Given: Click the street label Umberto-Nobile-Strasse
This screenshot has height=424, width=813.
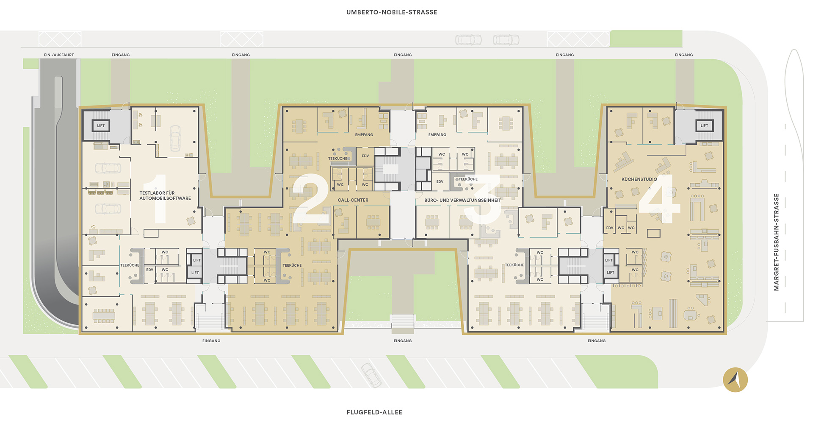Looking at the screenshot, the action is [392, 12].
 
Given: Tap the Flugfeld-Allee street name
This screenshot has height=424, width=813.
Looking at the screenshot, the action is [374, 412].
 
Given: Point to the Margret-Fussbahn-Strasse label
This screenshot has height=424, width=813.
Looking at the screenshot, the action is [776, 242].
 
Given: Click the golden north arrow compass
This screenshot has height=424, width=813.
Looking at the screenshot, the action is [736, 379].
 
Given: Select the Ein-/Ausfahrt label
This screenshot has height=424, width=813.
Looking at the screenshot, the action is [59, 55].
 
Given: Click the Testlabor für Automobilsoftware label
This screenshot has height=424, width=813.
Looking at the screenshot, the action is [165, 195].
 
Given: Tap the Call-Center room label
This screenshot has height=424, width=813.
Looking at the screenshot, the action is [353, 200].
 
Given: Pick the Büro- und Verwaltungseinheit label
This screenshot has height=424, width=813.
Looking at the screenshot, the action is [463, 200].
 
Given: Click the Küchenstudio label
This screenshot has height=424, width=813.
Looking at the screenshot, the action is [639, 179].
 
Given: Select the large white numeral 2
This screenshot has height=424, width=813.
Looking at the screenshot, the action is [311, 198].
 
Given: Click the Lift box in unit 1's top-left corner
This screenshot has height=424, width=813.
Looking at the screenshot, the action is [101, 126].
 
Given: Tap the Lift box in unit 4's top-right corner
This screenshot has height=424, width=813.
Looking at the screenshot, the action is [704, 126].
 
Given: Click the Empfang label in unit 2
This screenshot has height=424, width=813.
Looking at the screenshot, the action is [364, 135].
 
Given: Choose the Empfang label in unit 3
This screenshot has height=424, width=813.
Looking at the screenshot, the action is [437, 135].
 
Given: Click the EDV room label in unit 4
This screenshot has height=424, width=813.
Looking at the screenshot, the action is [610, 228].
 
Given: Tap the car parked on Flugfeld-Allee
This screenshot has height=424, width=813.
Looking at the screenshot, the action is [371, 375].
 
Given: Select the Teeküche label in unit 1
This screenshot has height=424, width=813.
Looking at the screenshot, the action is [130, 265].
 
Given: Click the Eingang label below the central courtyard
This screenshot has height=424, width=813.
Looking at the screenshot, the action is [403, 341].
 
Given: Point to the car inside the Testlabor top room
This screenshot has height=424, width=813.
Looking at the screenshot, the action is [175, 138].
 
